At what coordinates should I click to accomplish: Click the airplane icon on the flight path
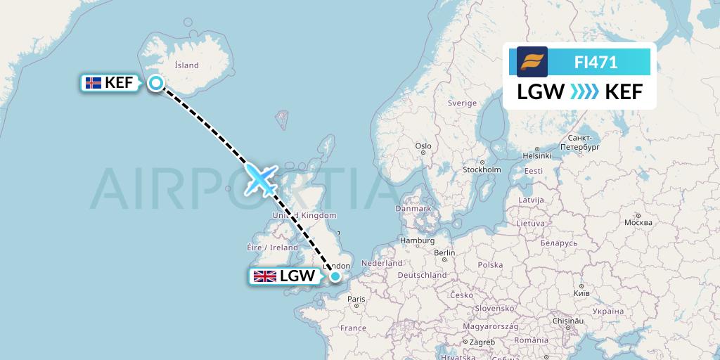click(x=260, y=179)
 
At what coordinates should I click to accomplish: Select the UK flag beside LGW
click(x=265, y=276)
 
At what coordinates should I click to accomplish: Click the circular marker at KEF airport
click(x=155, y=84)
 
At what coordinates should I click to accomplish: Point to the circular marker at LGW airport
click(x=336, y=277)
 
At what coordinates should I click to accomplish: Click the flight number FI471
click(x=596, y=62)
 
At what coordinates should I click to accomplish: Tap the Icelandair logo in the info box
click(x=532, y=62)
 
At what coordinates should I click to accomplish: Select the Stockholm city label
click(x=482, y=169)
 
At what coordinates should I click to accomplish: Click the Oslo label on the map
click(x=423, y=146)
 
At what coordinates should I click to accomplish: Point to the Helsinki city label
click(x=536, y=155)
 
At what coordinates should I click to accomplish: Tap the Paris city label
click(x=356, y=299)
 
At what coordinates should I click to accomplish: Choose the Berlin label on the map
click(x=444, y=252)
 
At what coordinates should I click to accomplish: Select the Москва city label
click(x=638, y=222)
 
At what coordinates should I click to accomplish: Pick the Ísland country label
click(x=186, y=65)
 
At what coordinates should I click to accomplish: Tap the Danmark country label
click(x=413, y=208)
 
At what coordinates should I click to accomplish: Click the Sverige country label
click(x=463, y=103)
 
